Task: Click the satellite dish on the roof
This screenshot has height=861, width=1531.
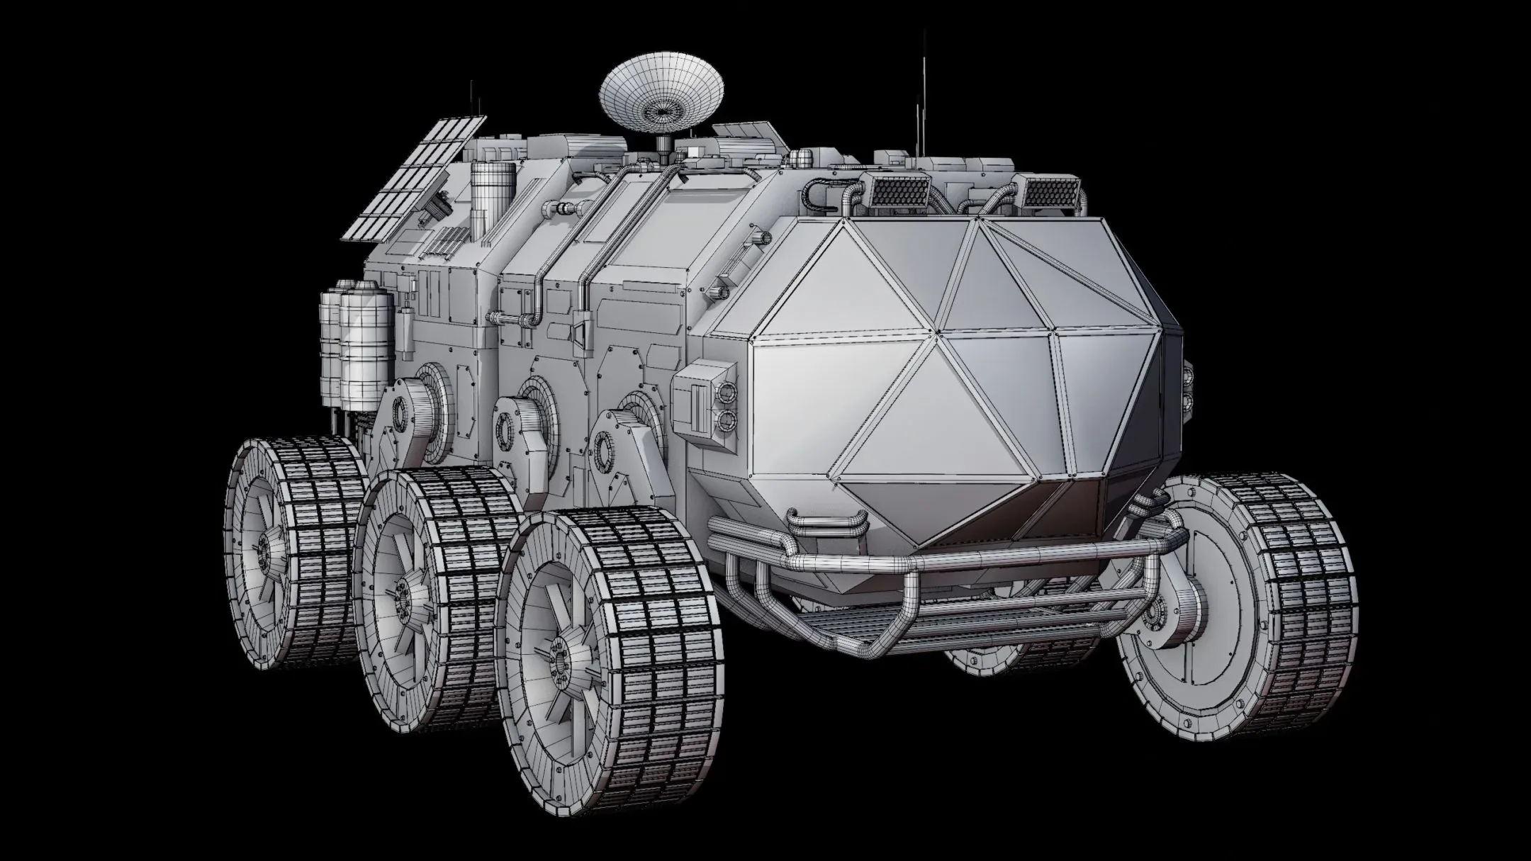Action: pyautogui.click(x=662, y=95)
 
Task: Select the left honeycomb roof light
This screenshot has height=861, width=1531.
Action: pyautogui.click(x=898, y=190)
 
